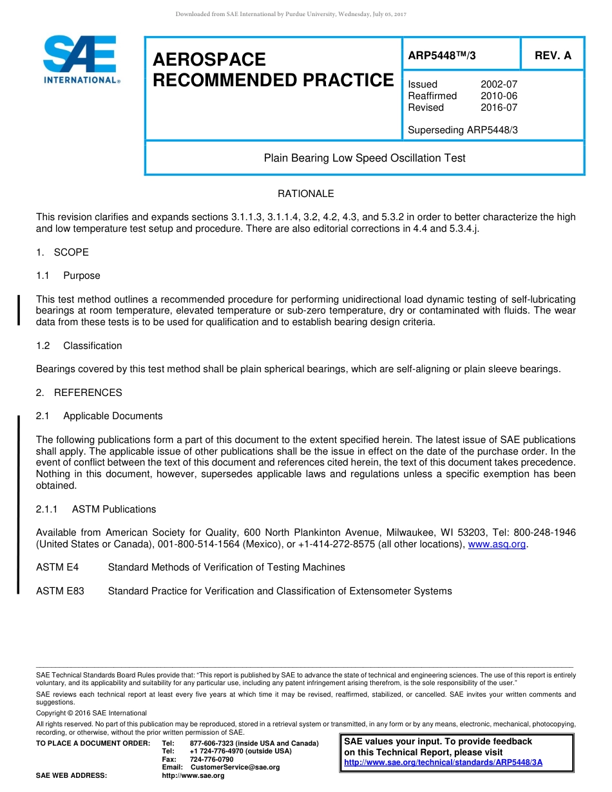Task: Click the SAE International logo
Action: [x=81, y=59]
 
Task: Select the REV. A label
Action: [x=553, y=55]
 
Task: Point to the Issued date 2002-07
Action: [x=499, y=84]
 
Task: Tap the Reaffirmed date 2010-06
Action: [x=499, y=96]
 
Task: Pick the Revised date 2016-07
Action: [x=499, y=108]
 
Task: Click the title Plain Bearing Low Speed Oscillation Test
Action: [x=365, y=158]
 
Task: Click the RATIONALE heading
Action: [x=305, y=194]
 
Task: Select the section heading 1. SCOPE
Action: [x=62, y=252]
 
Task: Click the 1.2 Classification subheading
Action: [x=79, y=346]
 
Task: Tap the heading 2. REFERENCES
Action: [x=79, y=393]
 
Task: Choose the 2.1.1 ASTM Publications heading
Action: [x=96, y=509]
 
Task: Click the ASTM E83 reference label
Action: [x=60, y=591]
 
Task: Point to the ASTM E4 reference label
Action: [x=57, y=567]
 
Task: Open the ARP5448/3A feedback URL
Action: [x=443, y=762]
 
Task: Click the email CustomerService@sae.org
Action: [x=235, y=767]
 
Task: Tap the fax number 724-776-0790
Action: [x=211, y=759]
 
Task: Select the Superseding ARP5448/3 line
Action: [x=463, y=130]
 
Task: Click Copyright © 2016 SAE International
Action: [x=91, y=713]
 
